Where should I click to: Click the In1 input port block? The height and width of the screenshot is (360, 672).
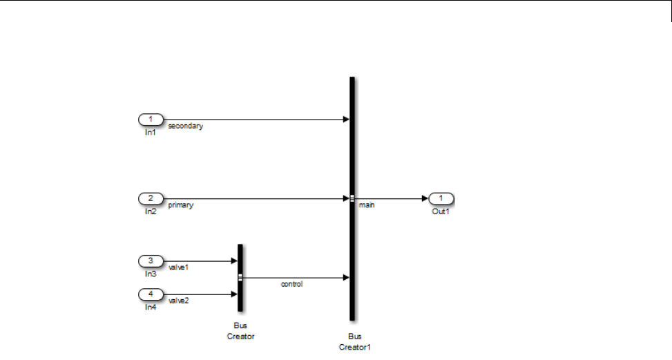(x=151, y=120)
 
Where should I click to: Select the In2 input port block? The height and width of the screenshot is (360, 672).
(x=151, y=198)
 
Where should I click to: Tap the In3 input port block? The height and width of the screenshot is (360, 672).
(x=151, y=261)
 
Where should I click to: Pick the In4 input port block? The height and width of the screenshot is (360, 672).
(x=151, y=294)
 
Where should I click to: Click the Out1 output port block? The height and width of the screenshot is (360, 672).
(x=441, y=198)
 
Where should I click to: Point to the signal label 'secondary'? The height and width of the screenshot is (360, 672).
(x=185, y=127)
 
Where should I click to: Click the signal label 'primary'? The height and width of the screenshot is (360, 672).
(x=180, y=205)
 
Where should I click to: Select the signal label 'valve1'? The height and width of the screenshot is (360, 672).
(x=178, y=266)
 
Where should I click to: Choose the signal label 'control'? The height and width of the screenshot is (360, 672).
(x=291, y=284)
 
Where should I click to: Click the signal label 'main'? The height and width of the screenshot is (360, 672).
(x=367, y=205)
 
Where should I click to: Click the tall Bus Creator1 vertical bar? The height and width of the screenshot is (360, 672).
(x=352, y=152)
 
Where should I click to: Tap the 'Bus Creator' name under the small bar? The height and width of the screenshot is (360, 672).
(x=240, y=332)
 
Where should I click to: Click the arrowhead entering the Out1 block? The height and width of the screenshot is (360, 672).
(x=424, y=198)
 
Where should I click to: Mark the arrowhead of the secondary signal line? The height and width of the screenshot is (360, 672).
(x=345, y=120)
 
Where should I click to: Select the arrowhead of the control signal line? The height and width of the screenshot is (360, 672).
(x=345, y=278)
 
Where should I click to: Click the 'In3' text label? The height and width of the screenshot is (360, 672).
(x=151, y=274)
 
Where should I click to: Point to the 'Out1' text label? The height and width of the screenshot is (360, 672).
(x=441, y=211)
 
